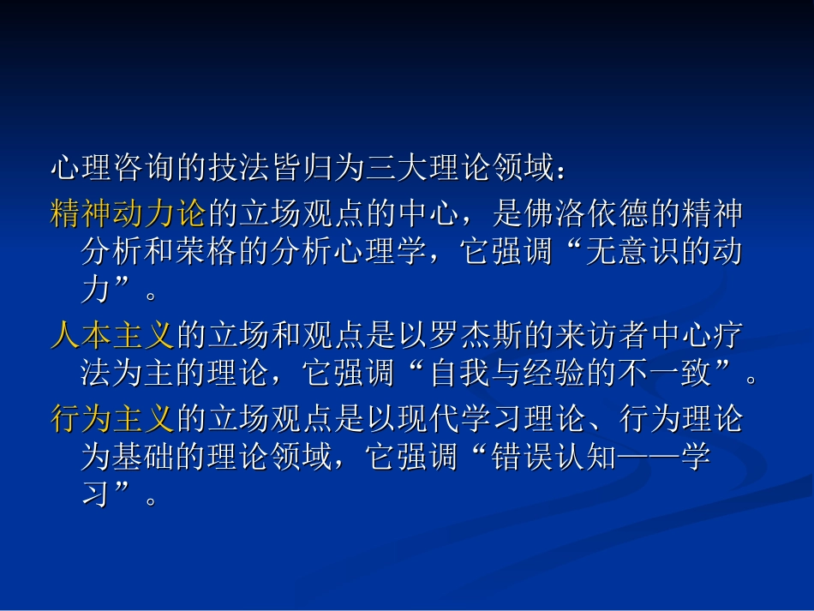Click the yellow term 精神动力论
[x=129, y=213]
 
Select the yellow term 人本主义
[x=112, y=336]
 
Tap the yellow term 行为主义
[x=112, y=419]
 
